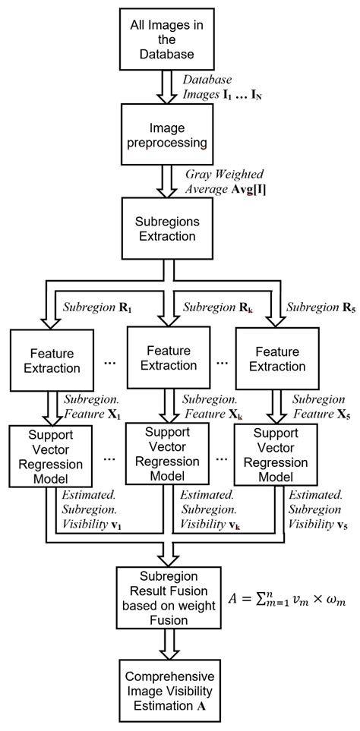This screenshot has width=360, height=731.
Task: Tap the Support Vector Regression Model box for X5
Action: (x=271, y=456)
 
